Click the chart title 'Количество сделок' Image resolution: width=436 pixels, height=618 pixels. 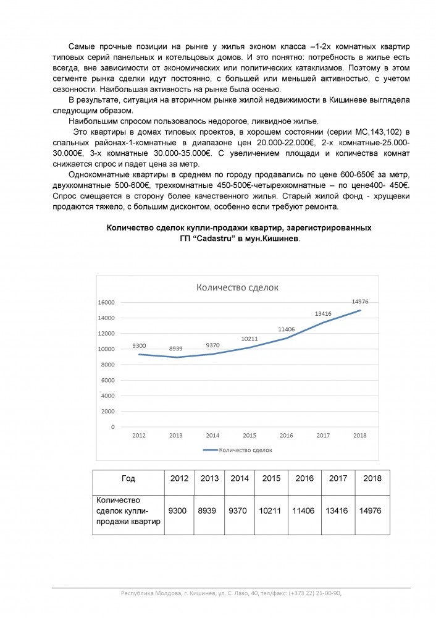point(237,287)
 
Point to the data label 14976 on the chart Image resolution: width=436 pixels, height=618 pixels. point(360,302)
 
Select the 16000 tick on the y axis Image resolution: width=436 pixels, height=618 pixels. point(106,303)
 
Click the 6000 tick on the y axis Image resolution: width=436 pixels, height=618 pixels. point(108,380)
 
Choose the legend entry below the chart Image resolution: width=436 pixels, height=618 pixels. point(237,451)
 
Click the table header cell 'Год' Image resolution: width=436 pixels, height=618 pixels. point(128,479)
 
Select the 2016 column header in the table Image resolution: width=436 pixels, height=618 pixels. point(304,479)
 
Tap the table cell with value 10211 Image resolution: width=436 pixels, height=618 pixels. point(270,511)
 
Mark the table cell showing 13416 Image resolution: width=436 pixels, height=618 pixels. point(338,511)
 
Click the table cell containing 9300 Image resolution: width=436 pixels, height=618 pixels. point(178,511)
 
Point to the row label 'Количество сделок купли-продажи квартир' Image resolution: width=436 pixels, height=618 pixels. point(128,511)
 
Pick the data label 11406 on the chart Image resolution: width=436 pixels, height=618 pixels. point(285,329)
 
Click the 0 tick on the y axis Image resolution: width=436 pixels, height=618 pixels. point(112,427)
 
